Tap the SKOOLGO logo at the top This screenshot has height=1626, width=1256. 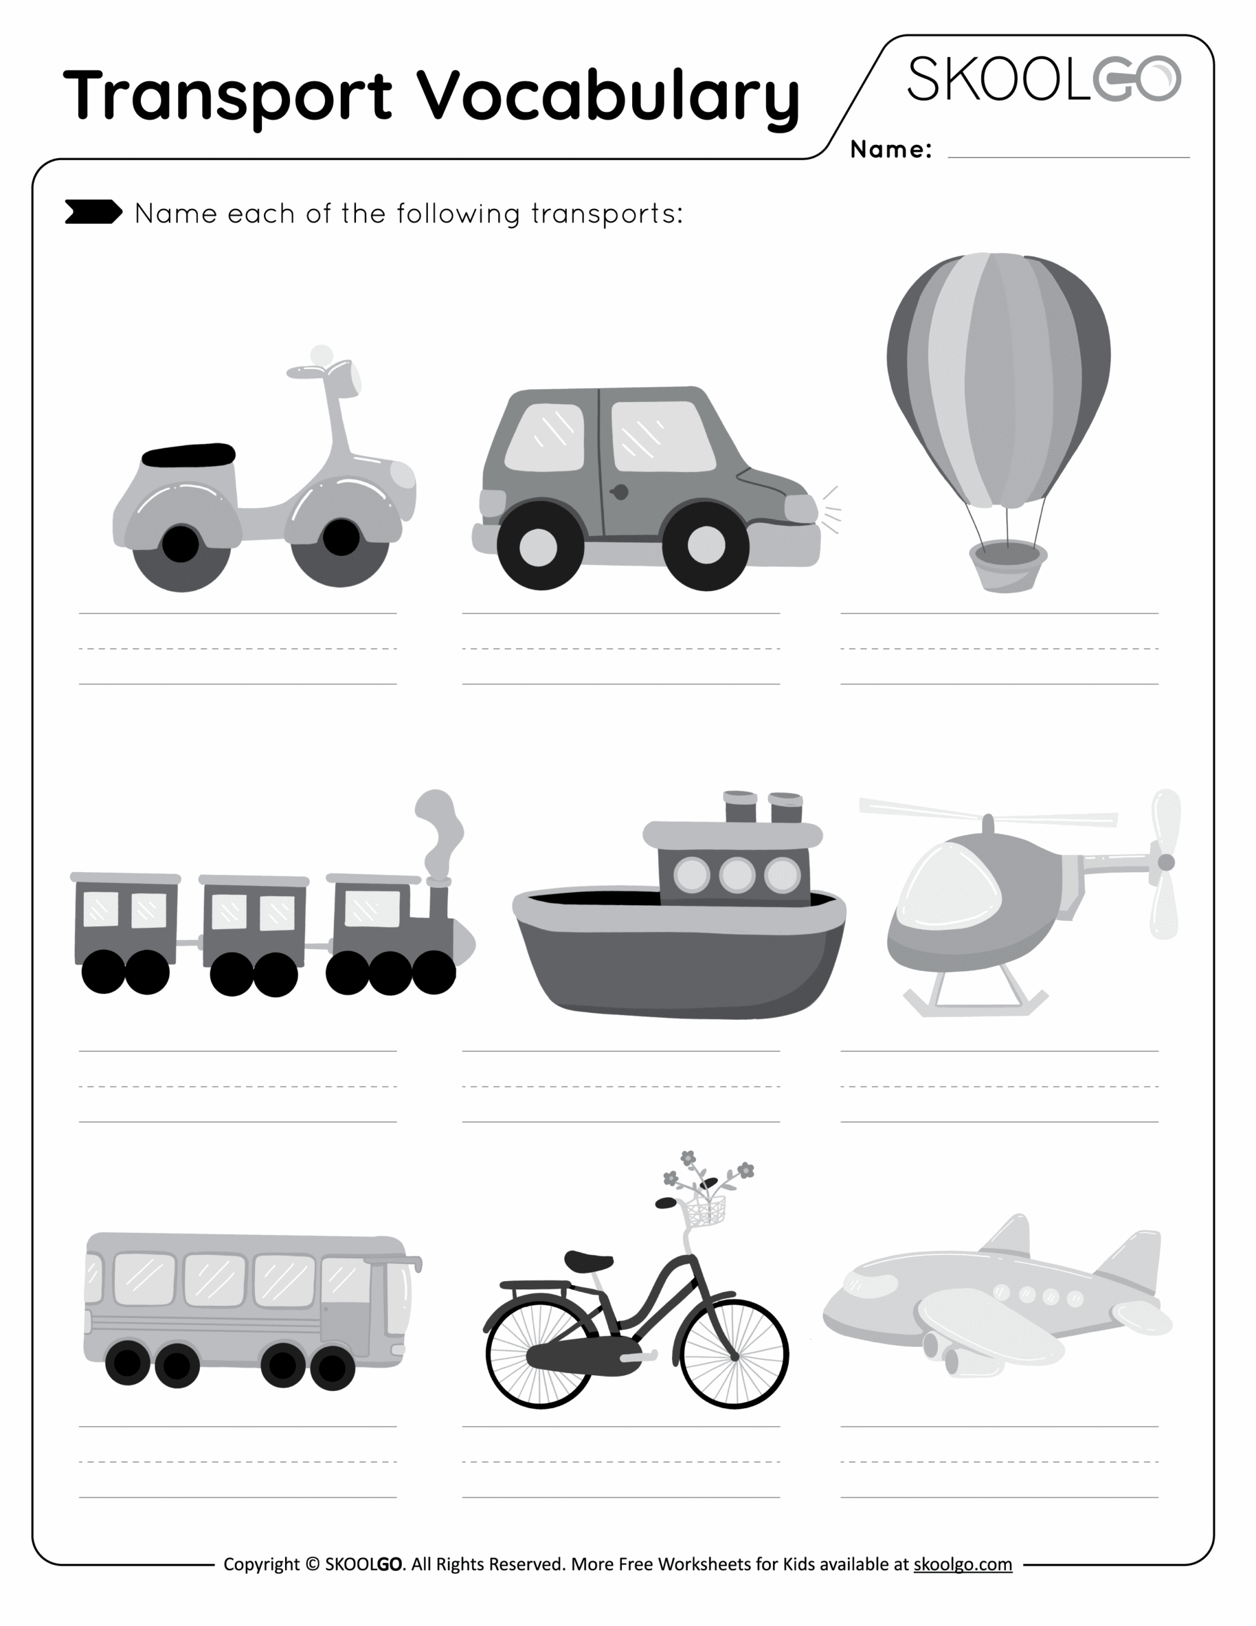pyautogui.click(x=1043, y=79)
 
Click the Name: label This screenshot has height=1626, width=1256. pyautogui.click(x=890, y=150)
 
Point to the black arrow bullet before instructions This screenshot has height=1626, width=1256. pyautogui.click(x=93, y=212)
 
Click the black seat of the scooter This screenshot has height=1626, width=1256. pyautogui.click(x=189, y=454)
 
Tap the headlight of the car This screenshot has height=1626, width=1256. pyautogui.click(x=800, y=509)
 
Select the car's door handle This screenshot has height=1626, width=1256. pyautogui.click(x=618, y=492)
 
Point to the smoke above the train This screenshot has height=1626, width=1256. pyautogui.click(x=439, y=826)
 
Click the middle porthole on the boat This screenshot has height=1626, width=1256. pyautogui.click(x=737, y=875)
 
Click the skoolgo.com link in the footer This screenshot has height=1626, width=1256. pyautogui.click(x=962, y=1564)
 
